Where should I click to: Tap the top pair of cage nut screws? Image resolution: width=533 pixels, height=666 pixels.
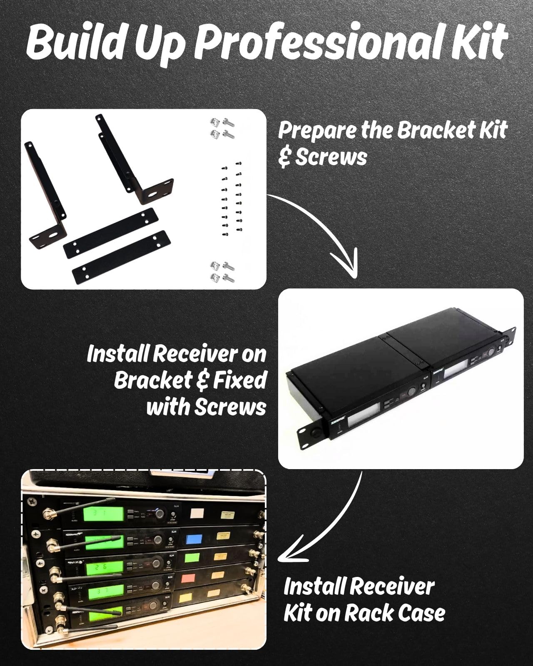[x=222, y=128]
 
